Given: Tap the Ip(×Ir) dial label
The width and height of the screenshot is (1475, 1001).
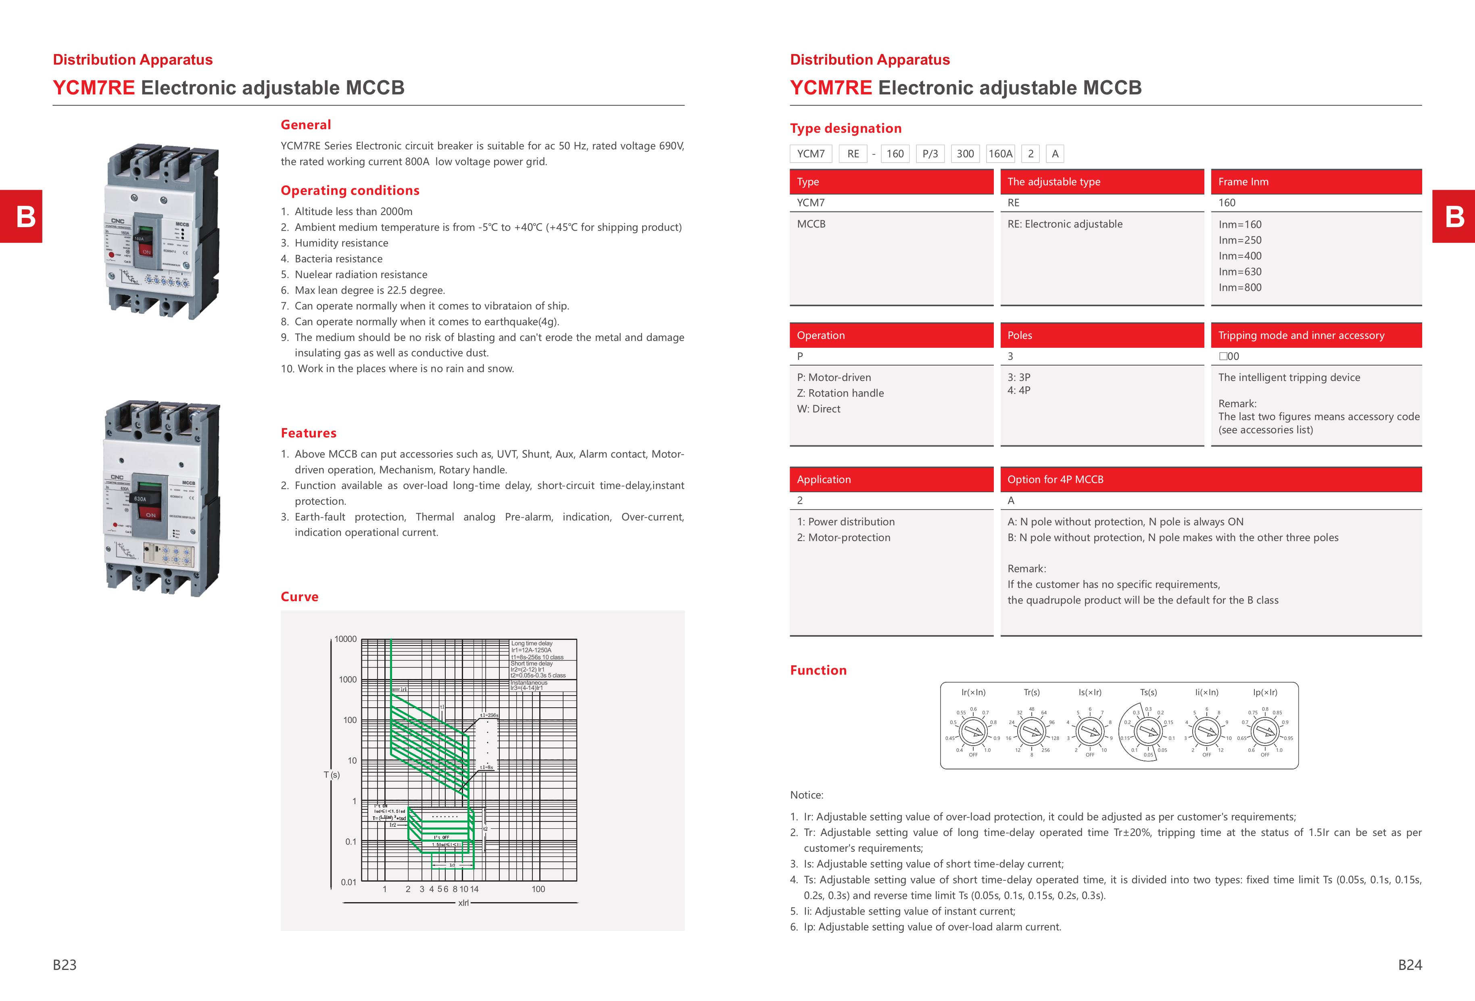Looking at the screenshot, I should pos(1265,692).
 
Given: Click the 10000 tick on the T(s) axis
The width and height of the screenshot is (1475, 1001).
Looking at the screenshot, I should pos(346,639).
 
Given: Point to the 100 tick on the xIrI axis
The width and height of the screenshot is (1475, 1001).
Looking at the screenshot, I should pos(538,889).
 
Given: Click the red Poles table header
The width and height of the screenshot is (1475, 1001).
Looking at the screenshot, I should pos(1102,335).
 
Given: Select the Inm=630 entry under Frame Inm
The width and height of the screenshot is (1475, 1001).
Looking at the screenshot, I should pos(1239,272).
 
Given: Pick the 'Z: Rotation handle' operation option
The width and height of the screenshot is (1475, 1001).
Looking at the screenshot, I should pos(840,393).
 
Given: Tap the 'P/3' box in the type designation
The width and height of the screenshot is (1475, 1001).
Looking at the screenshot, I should pos(930,154).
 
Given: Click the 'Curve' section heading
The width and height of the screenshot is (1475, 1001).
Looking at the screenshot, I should pos(300,597).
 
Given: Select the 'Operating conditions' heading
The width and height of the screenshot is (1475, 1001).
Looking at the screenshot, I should pos(350,190).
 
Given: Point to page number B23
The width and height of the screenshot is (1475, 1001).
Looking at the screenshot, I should pos(65,965).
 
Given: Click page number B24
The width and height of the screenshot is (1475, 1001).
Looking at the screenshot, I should pos(1410,965).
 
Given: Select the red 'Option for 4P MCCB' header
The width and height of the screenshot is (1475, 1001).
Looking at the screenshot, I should pos(1210,479).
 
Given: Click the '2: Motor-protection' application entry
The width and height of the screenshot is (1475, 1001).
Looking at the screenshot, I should pos(843,537).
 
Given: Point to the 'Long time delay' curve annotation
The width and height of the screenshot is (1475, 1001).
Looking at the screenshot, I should pos(532,644).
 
